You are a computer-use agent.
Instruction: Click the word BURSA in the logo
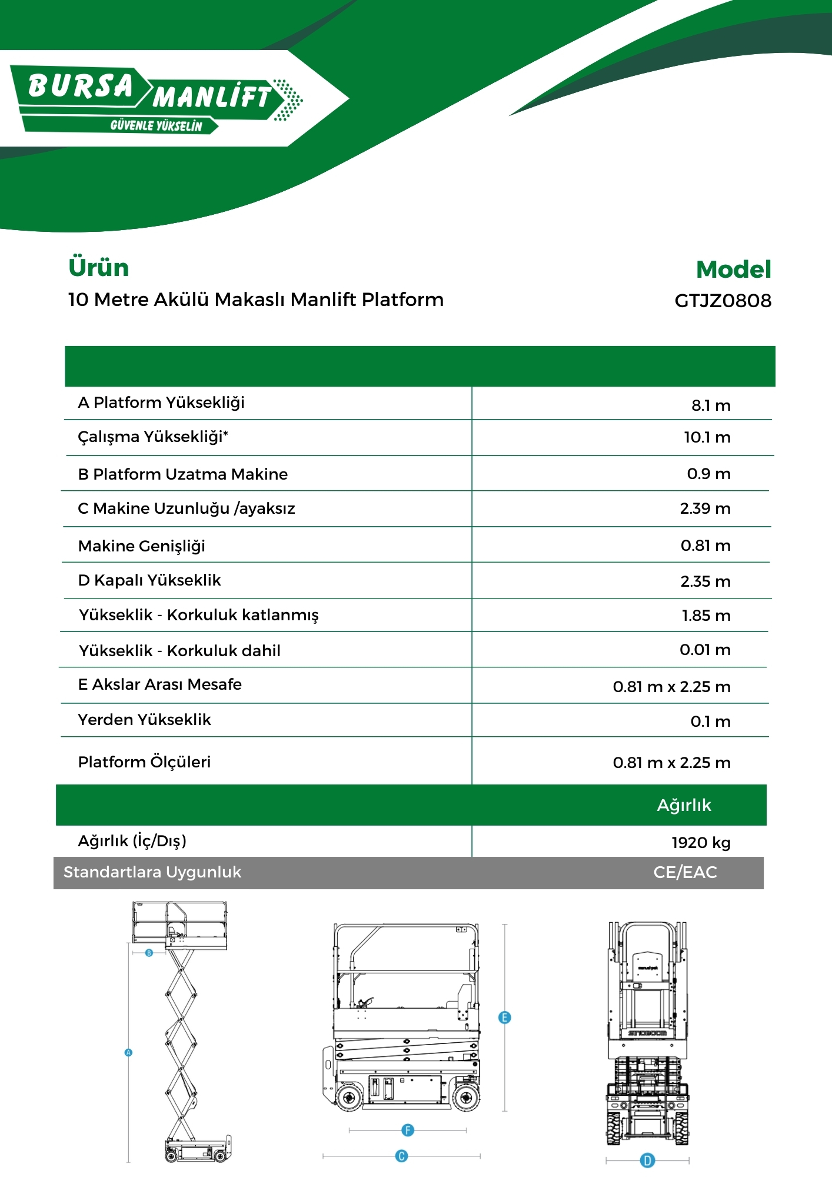[81, 86]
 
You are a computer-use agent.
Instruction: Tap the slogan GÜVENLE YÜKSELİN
[156, 126]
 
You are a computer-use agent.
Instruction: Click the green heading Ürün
[99, 267]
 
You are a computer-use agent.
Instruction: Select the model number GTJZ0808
[723, 301]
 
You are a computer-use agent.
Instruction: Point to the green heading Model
[733, 270]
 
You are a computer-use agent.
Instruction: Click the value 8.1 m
[711, 405]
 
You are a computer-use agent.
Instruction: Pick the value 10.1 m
[707, 437]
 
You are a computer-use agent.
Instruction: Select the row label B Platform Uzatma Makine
[183, 474]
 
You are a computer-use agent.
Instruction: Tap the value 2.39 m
[705, 508]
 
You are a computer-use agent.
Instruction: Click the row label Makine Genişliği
[142, 546]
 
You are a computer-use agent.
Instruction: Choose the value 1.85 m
[706, 616]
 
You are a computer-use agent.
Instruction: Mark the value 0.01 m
[705, 650]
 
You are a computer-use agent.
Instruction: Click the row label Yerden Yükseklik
[145, 720]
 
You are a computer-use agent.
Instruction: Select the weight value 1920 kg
[701, 843]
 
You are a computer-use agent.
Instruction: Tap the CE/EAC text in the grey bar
[685, 872]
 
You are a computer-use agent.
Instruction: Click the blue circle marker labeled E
[504, 1018]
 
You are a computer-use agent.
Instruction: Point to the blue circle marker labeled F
[408, 1130]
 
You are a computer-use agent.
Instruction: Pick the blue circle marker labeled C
[401, 1156]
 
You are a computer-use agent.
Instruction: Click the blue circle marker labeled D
[647, 1161]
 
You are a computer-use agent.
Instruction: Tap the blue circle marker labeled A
[129, 1052]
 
